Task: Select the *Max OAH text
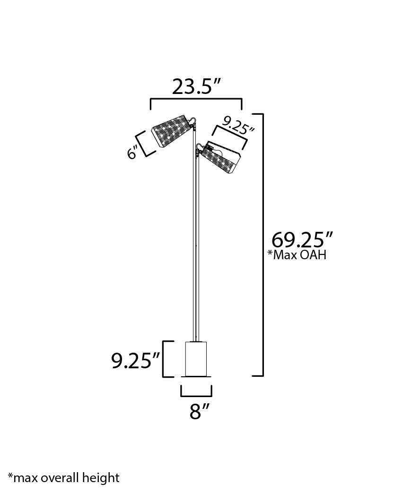pyautogui.click(x=297, y=255)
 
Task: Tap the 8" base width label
pyautogui.click(x=199, y=411)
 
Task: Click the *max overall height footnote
pyautogui.click(x=64, y=477)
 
